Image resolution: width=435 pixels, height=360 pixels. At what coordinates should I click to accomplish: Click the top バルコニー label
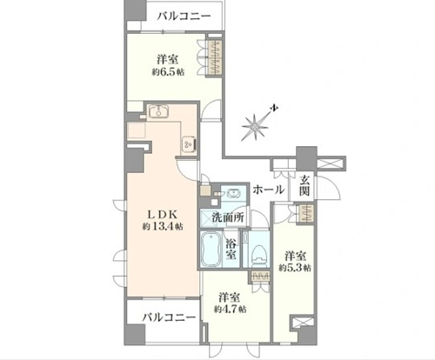(x=184, y=17)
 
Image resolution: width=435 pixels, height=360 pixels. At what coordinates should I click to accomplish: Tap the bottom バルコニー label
(x=169, y=317)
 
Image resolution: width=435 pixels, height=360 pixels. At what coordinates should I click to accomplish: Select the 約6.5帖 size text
(x=168, y=72)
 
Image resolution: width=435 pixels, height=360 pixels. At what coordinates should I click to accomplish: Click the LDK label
(x=163, y=214)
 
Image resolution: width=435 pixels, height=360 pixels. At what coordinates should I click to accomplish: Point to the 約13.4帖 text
(x=163, y=226)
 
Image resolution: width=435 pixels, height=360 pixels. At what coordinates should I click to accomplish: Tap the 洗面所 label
(x=228, y=217)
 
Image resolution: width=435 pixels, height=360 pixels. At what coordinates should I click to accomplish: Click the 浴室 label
(x=231, y=249)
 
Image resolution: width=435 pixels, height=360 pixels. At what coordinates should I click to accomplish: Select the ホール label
(x=268, y=190)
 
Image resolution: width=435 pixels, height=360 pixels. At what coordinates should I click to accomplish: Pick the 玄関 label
(x=304, y=185)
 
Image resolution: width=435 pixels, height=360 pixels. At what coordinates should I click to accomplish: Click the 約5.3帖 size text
(x=295, y=268)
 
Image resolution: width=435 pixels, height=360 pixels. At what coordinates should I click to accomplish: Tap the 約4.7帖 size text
(x=231, y=310)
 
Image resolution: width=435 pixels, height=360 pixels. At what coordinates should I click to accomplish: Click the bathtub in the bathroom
(x=211, y=249)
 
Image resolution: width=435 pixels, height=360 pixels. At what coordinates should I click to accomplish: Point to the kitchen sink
(x=158, y=110)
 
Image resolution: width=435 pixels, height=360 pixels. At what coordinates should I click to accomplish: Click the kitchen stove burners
(x=190, y=143)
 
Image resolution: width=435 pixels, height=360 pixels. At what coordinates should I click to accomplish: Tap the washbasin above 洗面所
(x=233, y=193)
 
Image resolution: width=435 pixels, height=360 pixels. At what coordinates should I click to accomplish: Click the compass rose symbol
(x=255, y=127)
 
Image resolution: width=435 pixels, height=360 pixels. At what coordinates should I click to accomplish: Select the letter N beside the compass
(x=273, y=108)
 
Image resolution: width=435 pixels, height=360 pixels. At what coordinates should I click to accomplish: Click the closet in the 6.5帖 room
(x=215, y=58)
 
